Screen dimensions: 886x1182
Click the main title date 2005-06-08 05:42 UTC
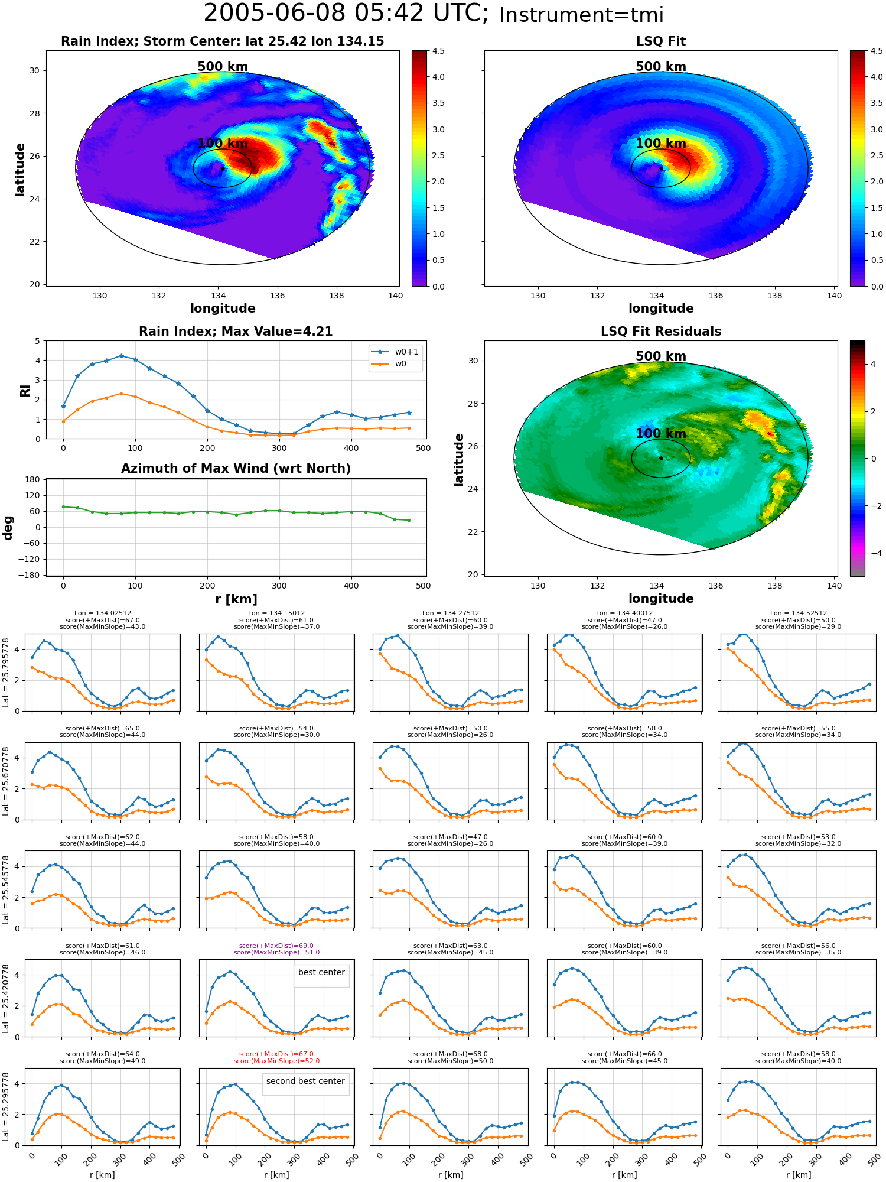[346, 14]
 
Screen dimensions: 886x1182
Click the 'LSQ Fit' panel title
[661, 41]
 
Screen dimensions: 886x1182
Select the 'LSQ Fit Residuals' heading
[661, 332]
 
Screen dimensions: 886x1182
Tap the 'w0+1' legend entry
[406, 352]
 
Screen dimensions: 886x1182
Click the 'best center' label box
[321, 972]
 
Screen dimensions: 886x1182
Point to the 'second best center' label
[305, 1081]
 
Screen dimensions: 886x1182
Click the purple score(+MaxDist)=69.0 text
[276, 946]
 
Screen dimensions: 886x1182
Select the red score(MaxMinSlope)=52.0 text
[276, 1061]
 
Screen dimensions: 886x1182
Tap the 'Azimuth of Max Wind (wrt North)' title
[236, 469]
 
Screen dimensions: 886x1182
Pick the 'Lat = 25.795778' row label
[6, 673]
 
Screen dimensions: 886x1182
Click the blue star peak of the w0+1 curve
[121, 356]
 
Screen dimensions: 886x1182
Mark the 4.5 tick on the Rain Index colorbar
[438, 51]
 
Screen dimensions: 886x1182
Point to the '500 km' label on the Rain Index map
[223, 67]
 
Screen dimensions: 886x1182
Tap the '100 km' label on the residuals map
[661, 434]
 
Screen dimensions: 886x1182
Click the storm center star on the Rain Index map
[223, 168]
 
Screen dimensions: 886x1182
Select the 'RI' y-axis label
[25, 390]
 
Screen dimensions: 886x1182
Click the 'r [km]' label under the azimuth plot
[236, 599]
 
